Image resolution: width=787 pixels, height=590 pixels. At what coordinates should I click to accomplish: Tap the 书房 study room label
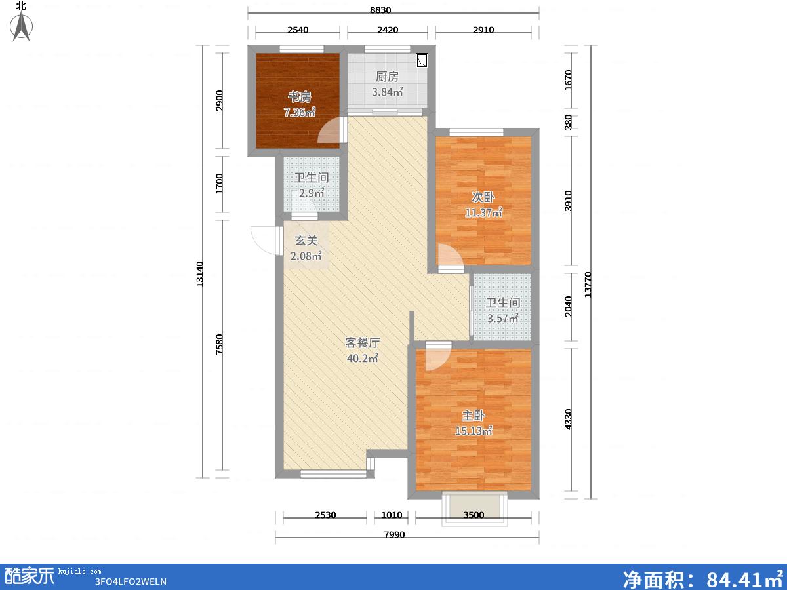point(299,96)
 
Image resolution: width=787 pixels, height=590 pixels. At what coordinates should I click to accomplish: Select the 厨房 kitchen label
point(387,76)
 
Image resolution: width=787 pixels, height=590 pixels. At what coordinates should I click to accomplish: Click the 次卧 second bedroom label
point(483,197)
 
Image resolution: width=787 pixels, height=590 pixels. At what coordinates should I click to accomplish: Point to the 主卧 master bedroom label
point(474,415)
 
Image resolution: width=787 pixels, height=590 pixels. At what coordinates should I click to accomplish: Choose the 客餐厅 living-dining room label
point(363,342)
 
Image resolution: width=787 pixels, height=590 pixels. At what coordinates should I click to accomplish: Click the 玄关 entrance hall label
point(306,241)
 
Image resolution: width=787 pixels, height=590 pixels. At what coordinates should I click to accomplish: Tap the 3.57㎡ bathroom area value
point(502,318)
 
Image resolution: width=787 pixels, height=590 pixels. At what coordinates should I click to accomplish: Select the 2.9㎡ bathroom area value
point(312,193)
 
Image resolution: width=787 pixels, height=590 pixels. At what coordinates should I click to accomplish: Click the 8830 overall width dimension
point(380,10)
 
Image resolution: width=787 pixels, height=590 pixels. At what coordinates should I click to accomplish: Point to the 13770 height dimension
point(587,285)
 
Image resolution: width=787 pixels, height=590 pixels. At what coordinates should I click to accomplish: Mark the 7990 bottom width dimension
point(394,534)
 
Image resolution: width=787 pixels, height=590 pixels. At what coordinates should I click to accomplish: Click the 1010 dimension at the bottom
point(392,515)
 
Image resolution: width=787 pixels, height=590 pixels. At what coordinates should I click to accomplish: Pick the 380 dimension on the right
point(569,122)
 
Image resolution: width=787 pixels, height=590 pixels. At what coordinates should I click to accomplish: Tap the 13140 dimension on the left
point(200,274)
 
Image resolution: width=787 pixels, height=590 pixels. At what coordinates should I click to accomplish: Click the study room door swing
point(328,130)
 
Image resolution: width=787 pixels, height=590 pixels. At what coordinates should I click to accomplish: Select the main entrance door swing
point(264,241)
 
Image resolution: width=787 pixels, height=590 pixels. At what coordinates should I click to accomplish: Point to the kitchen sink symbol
point(422,60)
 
